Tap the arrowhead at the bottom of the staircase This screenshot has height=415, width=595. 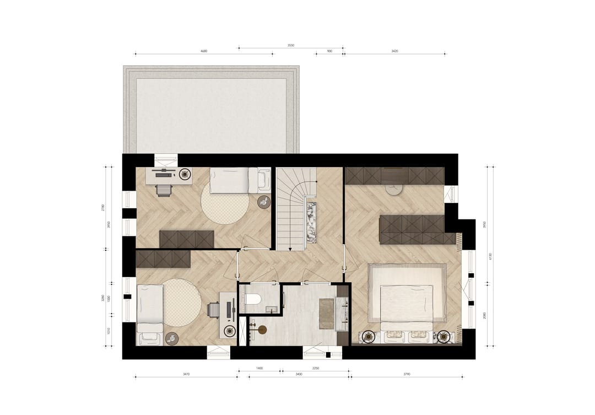290,248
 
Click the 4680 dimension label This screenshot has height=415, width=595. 204,51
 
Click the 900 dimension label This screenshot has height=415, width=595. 329,51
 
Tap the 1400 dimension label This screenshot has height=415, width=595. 259,368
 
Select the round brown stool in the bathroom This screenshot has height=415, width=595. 262,330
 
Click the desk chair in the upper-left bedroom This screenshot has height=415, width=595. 163,190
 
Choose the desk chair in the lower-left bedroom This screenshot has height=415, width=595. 213,310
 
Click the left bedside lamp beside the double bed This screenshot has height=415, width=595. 367,336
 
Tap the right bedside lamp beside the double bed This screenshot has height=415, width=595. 444,336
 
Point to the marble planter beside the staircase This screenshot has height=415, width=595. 311,222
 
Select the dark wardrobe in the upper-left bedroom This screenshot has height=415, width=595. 186,239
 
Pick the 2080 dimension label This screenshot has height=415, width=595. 484,314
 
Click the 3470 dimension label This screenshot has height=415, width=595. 186,374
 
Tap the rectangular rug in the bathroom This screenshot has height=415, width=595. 327,313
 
